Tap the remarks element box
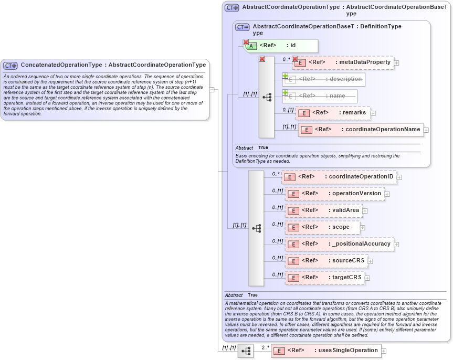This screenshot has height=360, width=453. click(x=333, y=113)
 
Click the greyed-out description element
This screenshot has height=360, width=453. click(x=324, y=79)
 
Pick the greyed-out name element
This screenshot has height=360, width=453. click(x=320, y=96)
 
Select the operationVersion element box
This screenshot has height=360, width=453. click(x=334, y=194)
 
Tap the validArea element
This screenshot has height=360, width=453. click(x=323, y=210)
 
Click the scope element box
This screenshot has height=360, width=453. click(x=322, y=227)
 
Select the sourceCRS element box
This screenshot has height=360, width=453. click(x=326, y=261)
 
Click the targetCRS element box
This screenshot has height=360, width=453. click(x=324, y=278)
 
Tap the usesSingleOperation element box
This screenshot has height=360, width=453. click(x=326, y=351)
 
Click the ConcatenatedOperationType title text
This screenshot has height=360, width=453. click(x=113, y=65)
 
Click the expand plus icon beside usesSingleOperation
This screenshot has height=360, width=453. click(x=384, y=351)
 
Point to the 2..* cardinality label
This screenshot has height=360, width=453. click(x=265, y=347)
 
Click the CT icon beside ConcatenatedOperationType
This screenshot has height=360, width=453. click(x=10, y=66)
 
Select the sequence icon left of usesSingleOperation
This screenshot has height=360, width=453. click(x=246, y=351)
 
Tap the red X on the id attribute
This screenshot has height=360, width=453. click(x=246, y=42)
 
